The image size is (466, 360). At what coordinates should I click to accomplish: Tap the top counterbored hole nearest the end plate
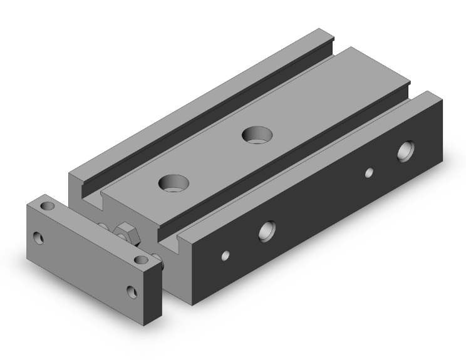pyautogui.click(x=173, y=183)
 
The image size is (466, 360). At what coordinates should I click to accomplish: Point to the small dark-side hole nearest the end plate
pyautogui.click(x=225, y=255)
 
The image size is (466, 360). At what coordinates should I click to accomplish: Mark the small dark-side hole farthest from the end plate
pyautogui.click(x=370, y=172)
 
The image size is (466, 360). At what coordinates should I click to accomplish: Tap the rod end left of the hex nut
pyautogui.click(x=102, y=224)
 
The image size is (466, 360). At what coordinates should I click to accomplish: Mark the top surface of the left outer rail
pyautogui.click(x=200, y=100)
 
